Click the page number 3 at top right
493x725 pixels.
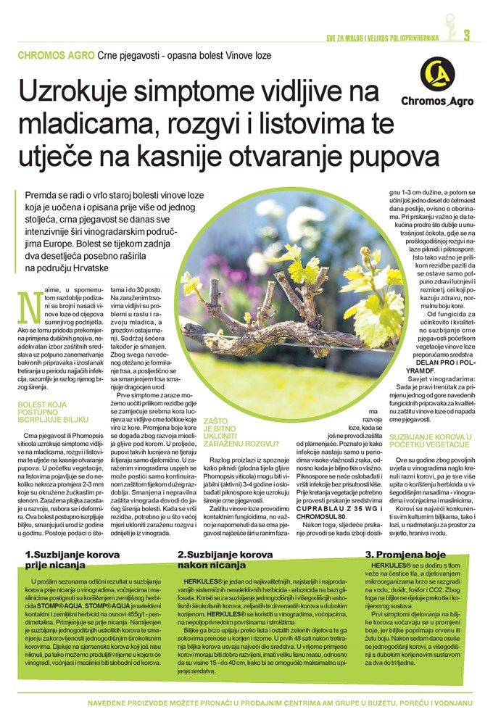click(467, 34)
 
